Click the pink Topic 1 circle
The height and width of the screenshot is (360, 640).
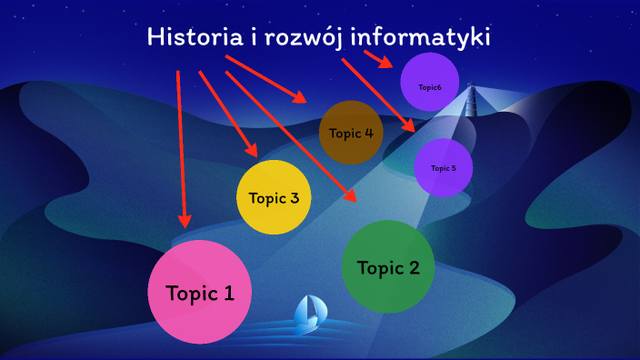click(199, 292)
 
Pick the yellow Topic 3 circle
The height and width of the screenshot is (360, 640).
click(274, 197)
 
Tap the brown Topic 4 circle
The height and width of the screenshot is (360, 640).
click(350, 133)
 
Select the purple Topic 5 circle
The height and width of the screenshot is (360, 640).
click(443, 168)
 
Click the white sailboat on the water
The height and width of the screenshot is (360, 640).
click(310, 314)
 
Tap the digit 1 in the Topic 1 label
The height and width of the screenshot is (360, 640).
click(228, 293)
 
